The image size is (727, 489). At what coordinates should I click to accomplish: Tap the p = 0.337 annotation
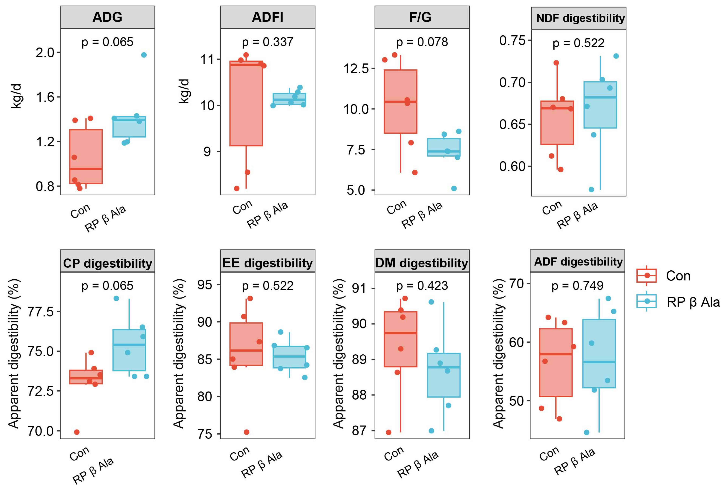pyautogui.click(x=267, y=42)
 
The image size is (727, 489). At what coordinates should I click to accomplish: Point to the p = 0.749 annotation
pyautogui.click(x=577, y=285)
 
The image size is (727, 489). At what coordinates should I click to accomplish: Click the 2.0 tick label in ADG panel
pyautogui.click(x=45, y=53)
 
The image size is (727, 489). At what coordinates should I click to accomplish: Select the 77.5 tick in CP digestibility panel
pyautogui.click(x=41, y=312)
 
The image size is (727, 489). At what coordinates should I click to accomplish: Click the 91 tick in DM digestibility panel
pyautogui.click(x=359, y=288)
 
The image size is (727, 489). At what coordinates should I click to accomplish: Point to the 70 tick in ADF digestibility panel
pyautogui.click(x=516, y=284)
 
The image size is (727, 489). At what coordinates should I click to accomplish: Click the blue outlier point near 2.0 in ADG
pyautogui.click(x=144, y=55)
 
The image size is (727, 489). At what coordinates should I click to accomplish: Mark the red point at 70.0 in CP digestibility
pyautogui.click(x=77, y=432)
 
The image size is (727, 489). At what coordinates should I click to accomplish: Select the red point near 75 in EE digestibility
pyautogui.click(x=247, y=432)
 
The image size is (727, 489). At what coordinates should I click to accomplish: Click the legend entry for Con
pyautogui.click(x=678, y=276)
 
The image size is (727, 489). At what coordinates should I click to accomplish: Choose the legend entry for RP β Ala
pyautogui.click(x=693, y=302)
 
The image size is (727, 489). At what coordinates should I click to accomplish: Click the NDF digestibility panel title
pyautogui.click(x=580, y=18)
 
